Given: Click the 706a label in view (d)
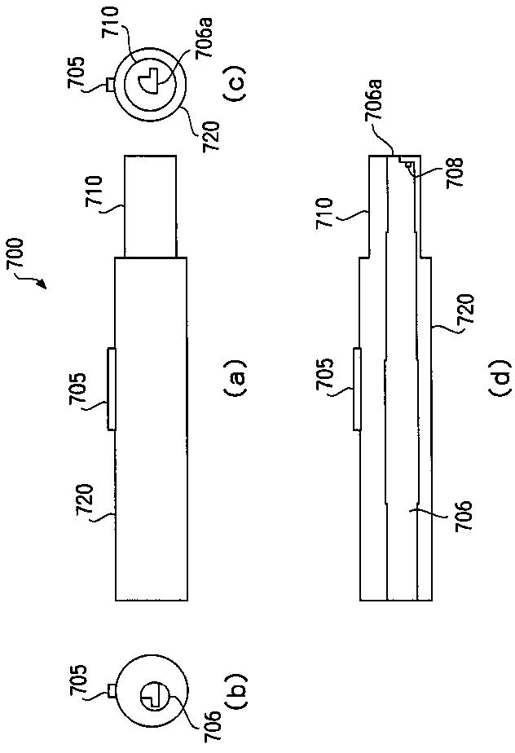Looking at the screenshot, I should pyautogui.click(x=379, y=125).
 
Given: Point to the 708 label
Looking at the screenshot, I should pyautogui.click(x=442, y=171).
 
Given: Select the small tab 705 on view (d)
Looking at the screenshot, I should pyautogui.click(x=356, y=387).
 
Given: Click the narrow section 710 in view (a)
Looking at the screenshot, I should pyautogui.click(x=150, y=206).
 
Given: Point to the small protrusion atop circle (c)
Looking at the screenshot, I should pyautogui.click(x=110, y=82).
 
